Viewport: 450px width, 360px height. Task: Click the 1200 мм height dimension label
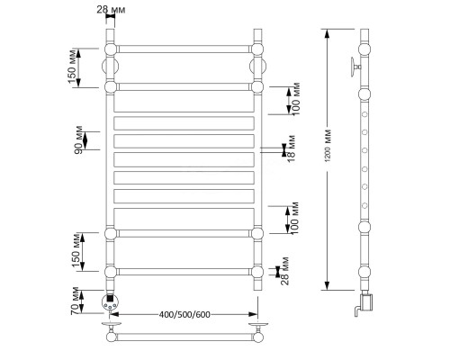point(328,146)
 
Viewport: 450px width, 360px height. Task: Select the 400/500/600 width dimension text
point(184,314)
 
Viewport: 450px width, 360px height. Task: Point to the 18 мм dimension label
point(291,148)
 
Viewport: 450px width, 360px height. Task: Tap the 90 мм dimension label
point(78,140)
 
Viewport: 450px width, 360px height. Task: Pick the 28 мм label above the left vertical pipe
point(111,10)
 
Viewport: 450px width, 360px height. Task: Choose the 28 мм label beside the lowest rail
point(284,271)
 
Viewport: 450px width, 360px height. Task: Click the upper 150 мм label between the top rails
point(72,67)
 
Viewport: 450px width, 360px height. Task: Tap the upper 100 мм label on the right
point(295,99)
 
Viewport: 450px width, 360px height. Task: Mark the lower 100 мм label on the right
point(294,219)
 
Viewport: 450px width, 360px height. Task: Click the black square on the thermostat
point(110,299)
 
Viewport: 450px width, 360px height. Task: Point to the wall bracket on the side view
point(355,67)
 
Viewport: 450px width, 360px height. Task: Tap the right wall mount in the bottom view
point(258,326)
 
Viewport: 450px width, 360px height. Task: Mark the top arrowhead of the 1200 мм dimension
point(328,33)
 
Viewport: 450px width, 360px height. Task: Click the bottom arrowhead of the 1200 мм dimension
point(328,285)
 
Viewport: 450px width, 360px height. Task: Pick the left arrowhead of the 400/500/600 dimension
point(115,314)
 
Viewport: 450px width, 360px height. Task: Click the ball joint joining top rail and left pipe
point(111,49)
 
